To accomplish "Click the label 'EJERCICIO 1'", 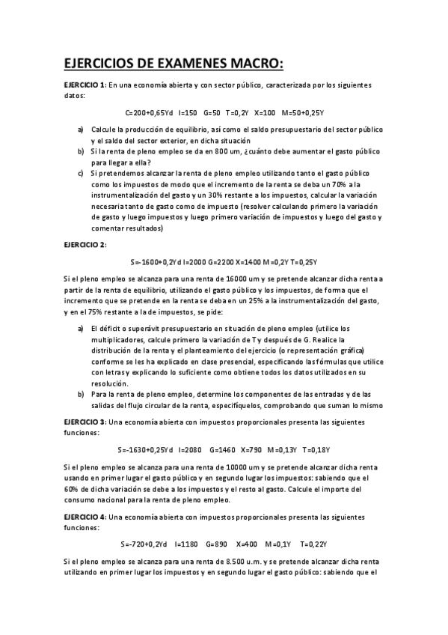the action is [x=85, y=85].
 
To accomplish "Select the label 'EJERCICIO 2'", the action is [x=85, y=244].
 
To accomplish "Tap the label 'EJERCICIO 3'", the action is [x=85, y=422].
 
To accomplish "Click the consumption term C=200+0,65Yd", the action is [x=150, y=113].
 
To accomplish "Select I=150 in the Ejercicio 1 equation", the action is [x=188, y=113].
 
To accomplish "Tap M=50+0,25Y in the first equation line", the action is [x=302, y=113].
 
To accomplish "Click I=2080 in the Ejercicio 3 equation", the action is [x=191, y=449].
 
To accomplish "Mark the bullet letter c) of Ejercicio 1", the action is [x=81, y=173].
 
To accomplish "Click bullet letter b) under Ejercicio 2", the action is [x=81, y=394].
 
